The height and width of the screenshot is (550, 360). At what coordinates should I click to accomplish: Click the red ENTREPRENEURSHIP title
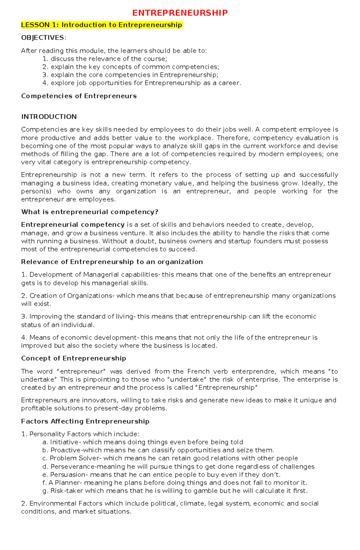[180, 13]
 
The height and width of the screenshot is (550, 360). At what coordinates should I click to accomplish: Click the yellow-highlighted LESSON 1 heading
[101, 25]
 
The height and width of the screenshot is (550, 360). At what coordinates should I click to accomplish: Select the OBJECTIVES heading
[43, 38]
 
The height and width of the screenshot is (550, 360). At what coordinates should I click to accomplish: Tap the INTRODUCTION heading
[49, 117]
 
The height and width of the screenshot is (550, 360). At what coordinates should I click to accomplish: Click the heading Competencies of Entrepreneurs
[79, 96]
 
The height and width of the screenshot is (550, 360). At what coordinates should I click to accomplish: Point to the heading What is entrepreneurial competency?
[89, 212]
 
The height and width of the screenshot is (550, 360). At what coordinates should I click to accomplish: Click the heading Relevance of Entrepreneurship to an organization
[112, 262]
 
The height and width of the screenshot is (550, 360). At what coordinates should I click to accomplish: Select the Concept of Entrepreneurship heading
[73, 358]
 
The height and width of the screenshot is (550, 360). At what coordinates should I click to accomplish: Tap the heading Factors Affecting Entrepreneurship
[85, 421]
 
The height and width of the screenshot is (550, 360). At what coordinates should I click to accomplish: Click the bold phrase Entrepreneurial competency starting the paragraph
[73, 225]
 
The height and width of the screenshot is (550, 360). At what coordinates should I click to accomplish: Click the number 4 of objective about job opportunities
[45, 83]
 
